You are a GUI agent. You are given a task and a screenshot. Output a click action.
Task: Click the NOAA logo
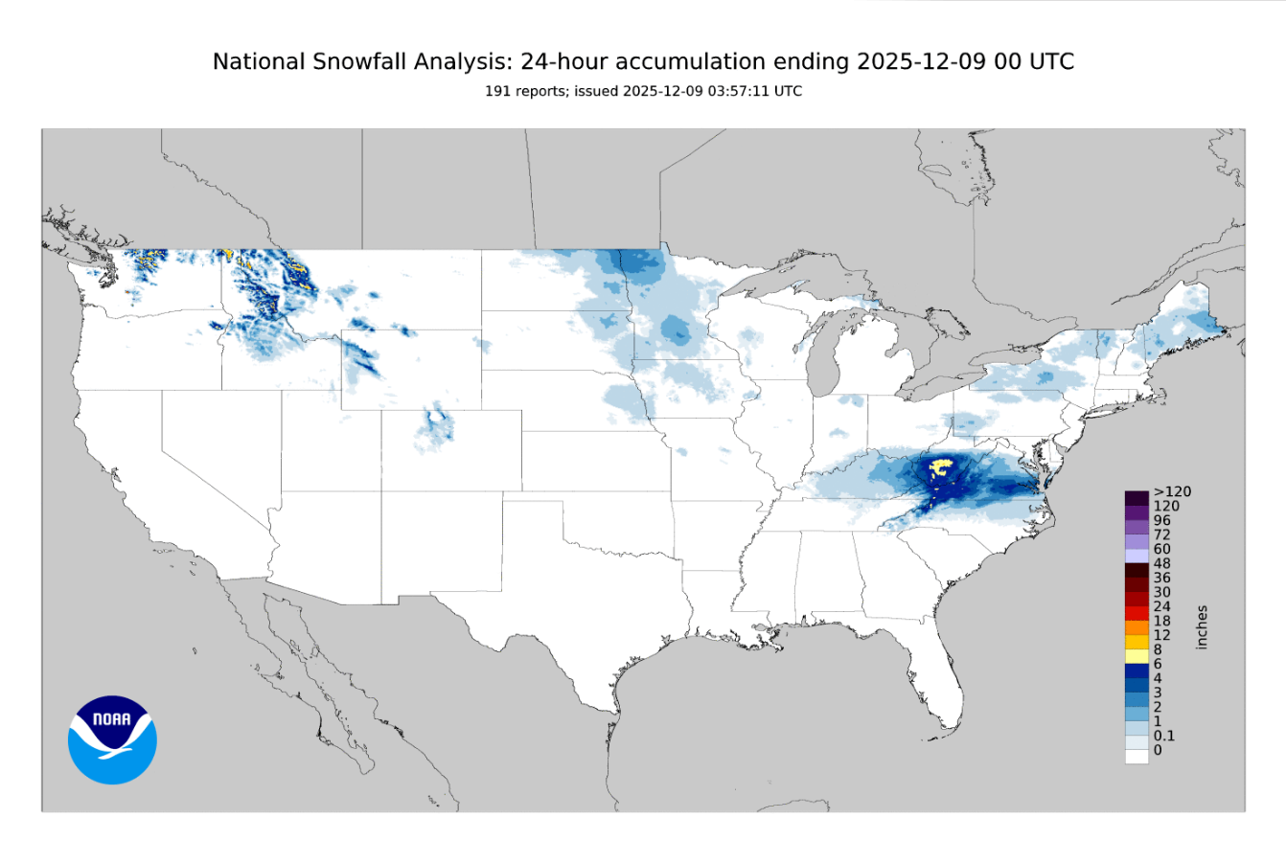coord(112,739)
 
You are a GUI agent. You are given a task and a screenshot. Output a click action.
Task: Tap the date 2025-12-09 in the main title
coord(917,62)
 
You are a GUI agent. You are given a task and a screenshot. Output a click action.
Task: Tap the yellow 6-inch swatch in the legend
coord(1137,656)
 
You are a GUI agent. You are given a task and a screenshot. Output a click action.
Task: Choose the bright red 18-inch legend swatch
coord(1137,613)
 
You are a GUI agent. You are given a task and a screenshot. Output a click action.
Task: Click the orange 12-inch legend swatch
coord(1137,627)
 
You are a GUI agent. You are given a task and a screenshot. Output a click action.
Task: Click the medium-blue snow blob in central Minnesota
coord(677,331)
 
